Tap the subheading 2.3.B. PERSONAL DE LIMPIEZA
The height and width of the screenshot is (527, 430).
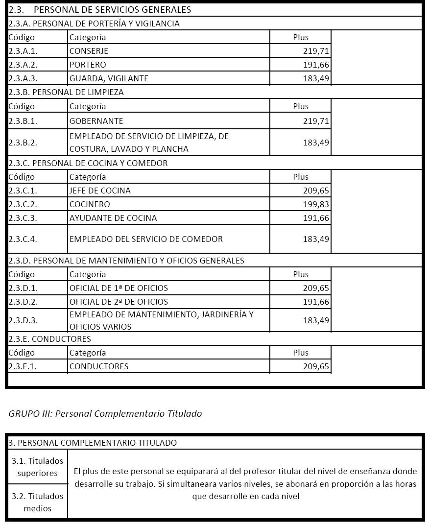pyautogui.click(x=66, y=92)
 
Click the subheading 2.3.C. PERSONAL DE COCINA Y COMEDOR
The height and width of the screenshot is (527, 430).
pyautogui.click(x=88, y=163)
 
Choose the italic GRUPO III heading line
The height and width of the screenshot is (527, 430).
pyautogui.click(x=105, y=413)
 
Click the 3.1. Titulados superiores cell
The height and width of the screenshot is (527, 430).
pyautogui.click(x=38, y=467)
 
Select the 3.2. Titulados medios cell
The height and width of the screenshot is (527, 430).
pyautogui.click(x=38, y=502)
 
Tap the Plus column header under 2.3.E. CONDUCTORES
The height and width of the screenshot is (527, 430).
pyautogui.click(x=301, y=353)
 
